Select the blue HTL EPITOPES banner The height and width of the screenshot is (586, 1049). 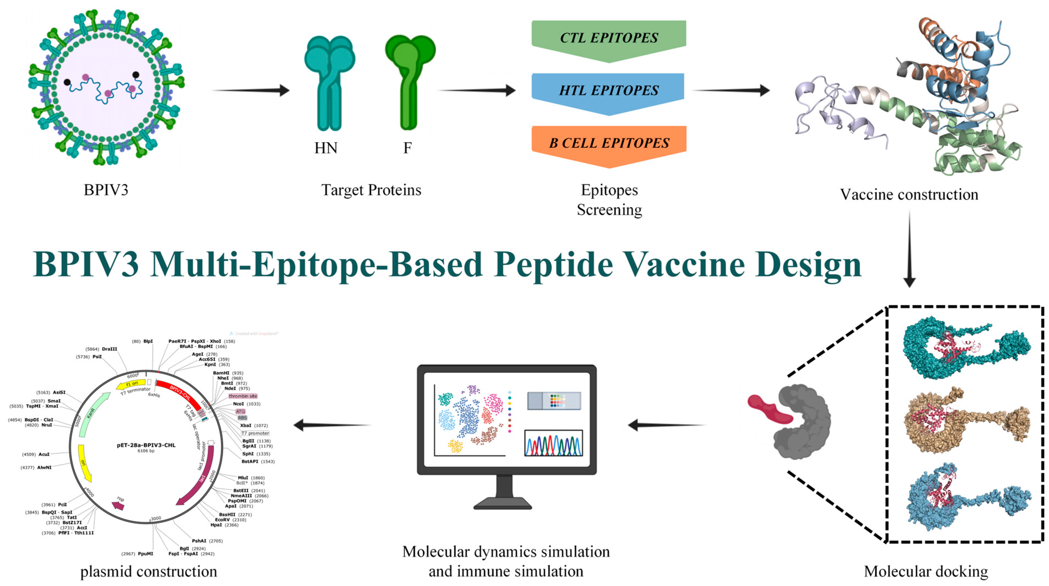(608, 91)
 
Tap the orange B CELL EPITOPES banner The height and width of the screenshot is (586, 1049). (609, 143)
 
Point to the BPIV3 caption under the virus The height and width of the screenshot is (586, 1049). (106, 190)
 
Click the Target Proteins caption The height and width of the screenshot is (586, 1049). (371, 190)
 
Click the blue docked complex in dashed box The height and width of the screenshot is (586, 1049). (965, 497)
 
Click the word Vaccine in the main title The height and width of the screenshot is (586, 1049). (684, 265)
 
